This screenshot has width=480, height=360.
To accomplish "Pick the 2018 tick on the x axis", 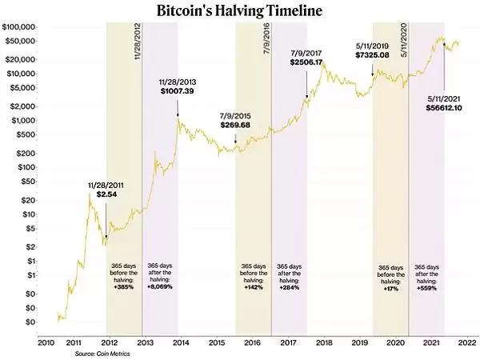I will [x=324, y=342].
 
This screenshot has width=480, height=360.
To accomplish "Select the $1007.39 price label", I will [x=178, y=91].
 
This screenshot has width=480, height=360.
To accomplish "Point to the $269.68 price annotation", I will [x=235, y=125].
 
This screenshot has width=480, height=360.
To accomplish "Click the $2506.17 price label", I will [x=306, y=62].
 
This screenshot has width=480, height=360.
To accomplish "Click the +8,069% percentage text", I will [x=160, y=286].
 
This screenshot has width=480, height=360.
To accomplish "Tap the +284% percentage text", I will [x=289, y=286].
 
